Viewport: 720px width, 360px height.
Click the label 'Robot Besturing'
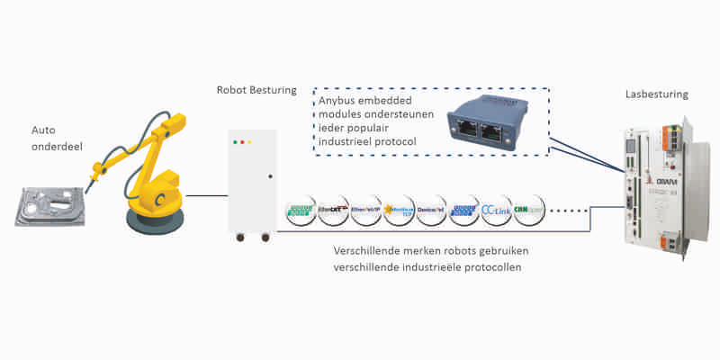pos(256,91)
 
